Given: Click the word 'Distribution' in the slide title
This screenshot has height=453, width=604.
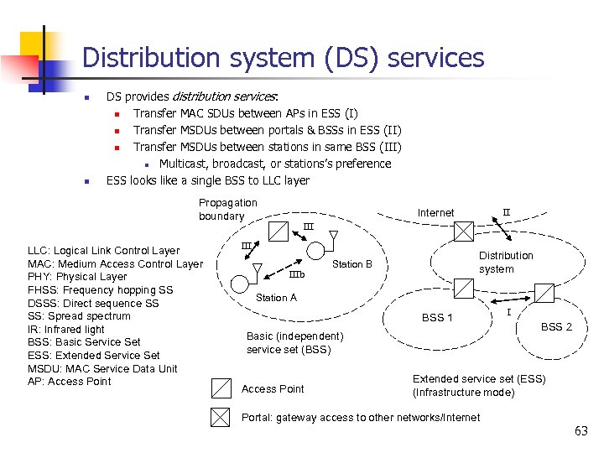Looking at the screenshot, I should pyautogui.click(x=145, y=58).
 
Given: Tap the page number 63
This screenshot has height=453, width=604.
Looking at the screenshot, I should pyautogui.click(x=581, y=431).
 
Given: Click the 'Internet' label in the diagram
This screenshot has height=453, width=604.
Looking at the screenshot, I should pyautogui.click(x=435, y=213).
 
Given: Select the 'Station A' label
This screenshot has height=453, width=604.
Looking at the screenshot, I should pyautogui.click(x=276, y=298).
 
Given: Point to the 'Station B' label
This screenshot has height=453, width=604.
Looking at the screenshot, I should pyautogui.click(x=352, y=264).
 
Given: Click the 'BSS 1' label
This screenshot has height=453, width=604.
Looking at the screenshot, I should pyautogui.click(x=437, y=318).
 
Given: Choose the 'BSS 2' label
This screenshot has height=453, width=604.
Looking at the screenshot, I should pyautogui.click(x=556, y=326).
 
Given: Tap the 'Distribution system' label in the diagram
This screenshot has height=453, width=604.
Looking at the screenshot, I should pyautogui.click(x=505, y=262).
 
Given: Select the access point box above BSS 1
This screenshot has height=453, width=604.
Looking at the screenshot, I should pyautogui.click(x=462, y=289).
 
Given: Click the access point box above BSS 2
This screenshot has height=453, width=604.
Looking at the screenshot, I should pyautogui.click(x=544, y=292).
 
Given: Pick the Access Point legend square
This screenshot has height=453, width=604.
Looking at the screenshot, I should pyautogui.click(x=221, y=388).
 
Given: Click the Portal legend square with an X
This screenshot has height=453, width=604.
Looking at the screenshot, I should pyautogui.click(x=221, y=417).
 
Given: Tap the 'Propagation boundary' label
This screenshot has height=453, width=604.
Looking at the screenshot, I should pyautogui.click(x=227, y=210).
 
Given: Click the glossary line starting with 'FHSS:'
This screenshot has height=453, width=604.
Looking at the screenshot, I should pyautogui.click(x=101, y=290).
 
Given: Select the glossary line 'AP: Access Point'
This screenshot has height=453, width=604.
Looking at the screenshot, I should pyautogui.click(x=70, y=382).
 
